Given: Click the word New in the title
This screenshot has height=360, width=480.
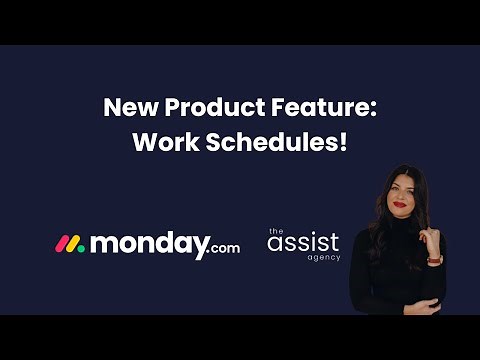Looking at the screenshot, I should point(128,108).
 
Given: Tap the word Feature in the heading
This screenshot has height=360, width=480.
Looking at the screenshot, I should point(325,108).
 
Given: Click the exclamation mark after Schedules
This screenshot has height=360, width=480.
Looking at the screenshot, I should point(343,141).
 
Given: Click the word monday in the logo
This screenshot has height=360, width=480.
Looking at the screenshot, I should point(149,243).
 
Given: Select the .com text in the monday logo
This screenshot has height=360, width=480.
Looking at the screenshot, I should point(225,247).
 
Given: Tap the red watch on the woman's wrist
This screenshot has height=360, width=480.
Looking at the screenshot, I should point(433,259).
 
